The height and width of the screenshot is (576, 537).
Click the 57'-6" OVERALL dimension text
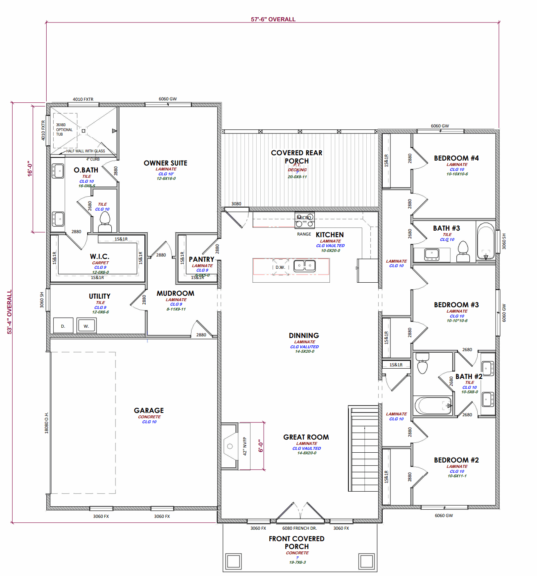(x=273, y=19)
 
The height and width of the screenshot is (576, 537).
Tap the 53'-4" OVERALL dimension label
(x=9, y=312)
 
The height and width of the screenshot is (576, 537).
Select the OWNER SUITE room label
(x=165, y=163)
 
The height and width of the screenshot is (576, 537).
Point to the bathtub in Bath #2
(x=433, y=406)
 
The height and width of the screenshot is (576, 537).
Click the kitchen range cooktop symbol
(x=305, y=220)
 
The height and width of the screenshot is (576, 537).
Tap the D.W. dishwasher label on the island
(x=280, y=267)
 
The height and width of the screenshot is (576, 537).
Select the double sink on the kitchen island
(x=305, y=266)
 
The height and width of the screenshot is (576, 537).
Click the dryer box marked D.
(x=63, y=326)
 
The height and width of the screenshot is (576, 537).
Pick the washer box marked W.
(x=86, y=326)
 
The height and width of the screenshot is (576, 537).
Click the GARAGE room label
(x=149, y=410)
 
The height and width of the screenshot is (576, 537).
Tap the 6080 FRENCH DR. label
(x=300, y=528)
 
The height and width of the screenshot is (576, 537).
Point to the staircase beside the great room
(x=363, y=449)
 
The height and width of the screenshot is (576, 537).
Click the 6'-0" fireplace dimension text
(x=261, y=446)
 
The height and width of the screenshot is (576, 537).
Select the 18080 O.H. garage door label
(x=47, y=423)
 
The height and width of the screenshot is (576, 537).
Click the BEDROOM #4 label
(x=456, y=158)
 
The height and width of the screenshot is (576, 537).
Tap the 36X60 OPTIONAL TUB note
(x=64, y=129)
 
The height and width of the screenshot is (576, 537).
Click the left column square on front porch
(x=233, y=561)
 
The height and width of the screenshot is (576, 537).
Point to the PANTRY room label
(x=201, y=259)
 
